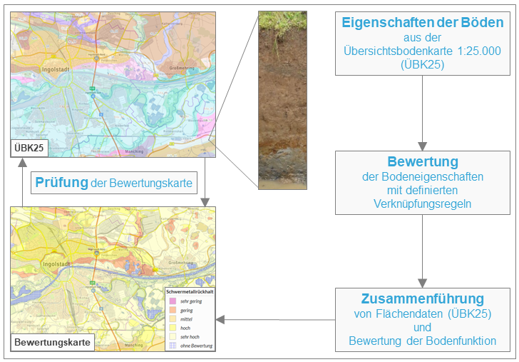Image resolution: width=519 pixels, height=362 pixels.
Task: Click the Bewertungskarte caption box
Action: point(52,342)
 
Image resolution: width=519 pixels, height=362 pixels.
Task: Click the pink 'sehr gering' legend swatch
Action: point(171,301)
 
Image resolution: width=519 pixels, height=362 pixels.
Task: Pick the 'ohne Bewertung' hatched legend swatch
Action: point(171,346)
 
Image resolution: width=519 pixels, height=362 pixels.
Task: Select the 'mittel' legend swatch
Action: point(171,319)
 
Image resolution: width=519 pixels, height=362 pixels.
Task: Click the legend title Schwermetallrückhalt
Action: point(190,291)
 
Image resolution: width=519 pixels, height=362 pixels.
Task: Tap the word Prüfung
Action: point(61,183)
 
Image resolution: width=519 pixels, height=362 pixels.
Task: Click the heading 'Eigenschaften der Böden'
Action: point(422,22)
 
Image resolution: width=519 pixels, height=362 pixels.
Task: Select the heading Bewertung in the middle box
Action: point(422,161)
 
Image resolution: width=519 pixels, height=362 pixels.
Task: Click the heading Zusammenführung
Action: point(422,298)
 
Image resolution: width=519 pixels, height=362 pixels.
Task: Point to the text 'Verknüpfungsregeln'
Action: point(422,203)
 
